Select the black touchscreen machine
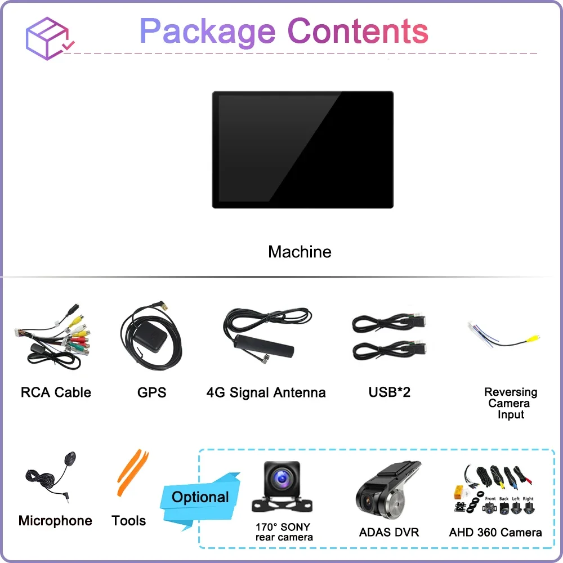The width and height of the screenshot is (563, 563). (x=302, y=149)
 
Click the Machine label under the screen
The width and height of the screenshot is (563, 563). (x=300, y=252)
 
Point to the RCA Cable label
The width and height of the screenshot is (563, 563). (x=56, y=392)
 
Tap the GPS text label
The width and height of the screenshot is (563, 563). (x=151, y=392)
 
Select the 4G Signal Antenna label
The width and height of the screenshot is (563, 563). (x=266, y=392)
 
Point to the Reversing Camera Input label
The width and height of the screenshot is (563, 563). (x=511, y=403)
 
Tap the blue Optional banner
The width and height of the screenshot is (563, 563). (x=200, y=497)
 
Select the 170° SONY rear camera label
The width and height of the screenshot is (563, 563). (x=283, y=532)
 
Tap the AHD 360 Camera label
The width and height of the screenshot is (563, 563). (x=495, y=532)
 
